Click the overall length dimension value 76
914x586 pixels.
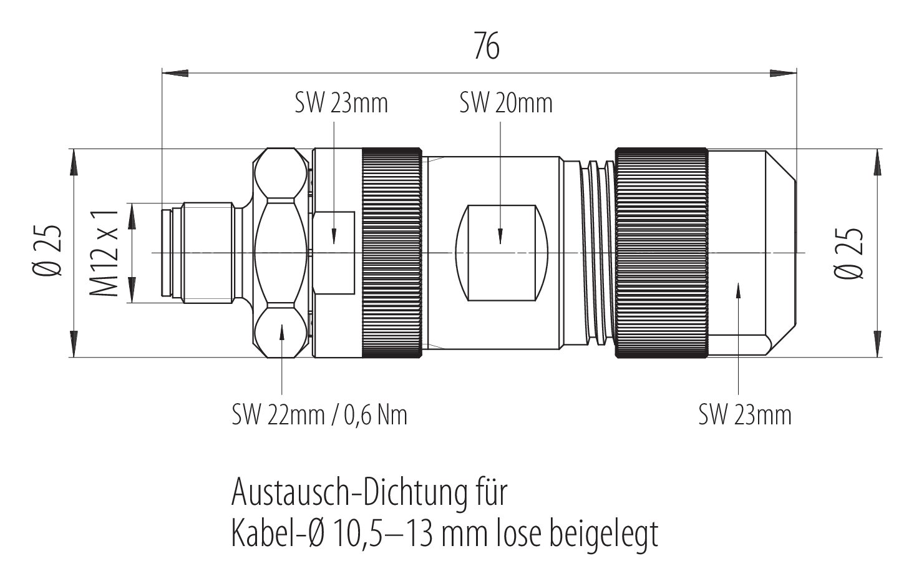(487, 46)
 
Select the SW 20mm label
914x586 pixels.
(506, 103)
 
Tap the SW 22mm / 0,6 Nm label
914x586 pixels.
(319, 415)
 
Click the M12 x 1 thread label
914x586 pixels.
(104, 253)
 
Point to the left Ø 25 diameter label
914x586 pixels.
(48, 250)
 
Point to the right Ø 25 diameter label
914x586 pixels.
(848, 253)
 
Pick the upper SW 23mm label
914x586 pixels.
(341, 103)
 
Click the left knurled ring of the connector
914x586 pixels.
(392, 253)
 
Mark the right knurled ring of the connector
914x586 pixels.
(661, 253)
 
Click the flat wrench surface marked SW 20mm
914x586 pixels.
(501, 253)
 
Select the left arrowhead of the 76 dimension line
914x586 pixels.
(175, 74)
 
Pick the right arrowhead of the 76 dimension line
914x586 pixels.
(784, 74)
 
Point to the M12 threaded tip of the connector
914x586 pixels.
(199, 253)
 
